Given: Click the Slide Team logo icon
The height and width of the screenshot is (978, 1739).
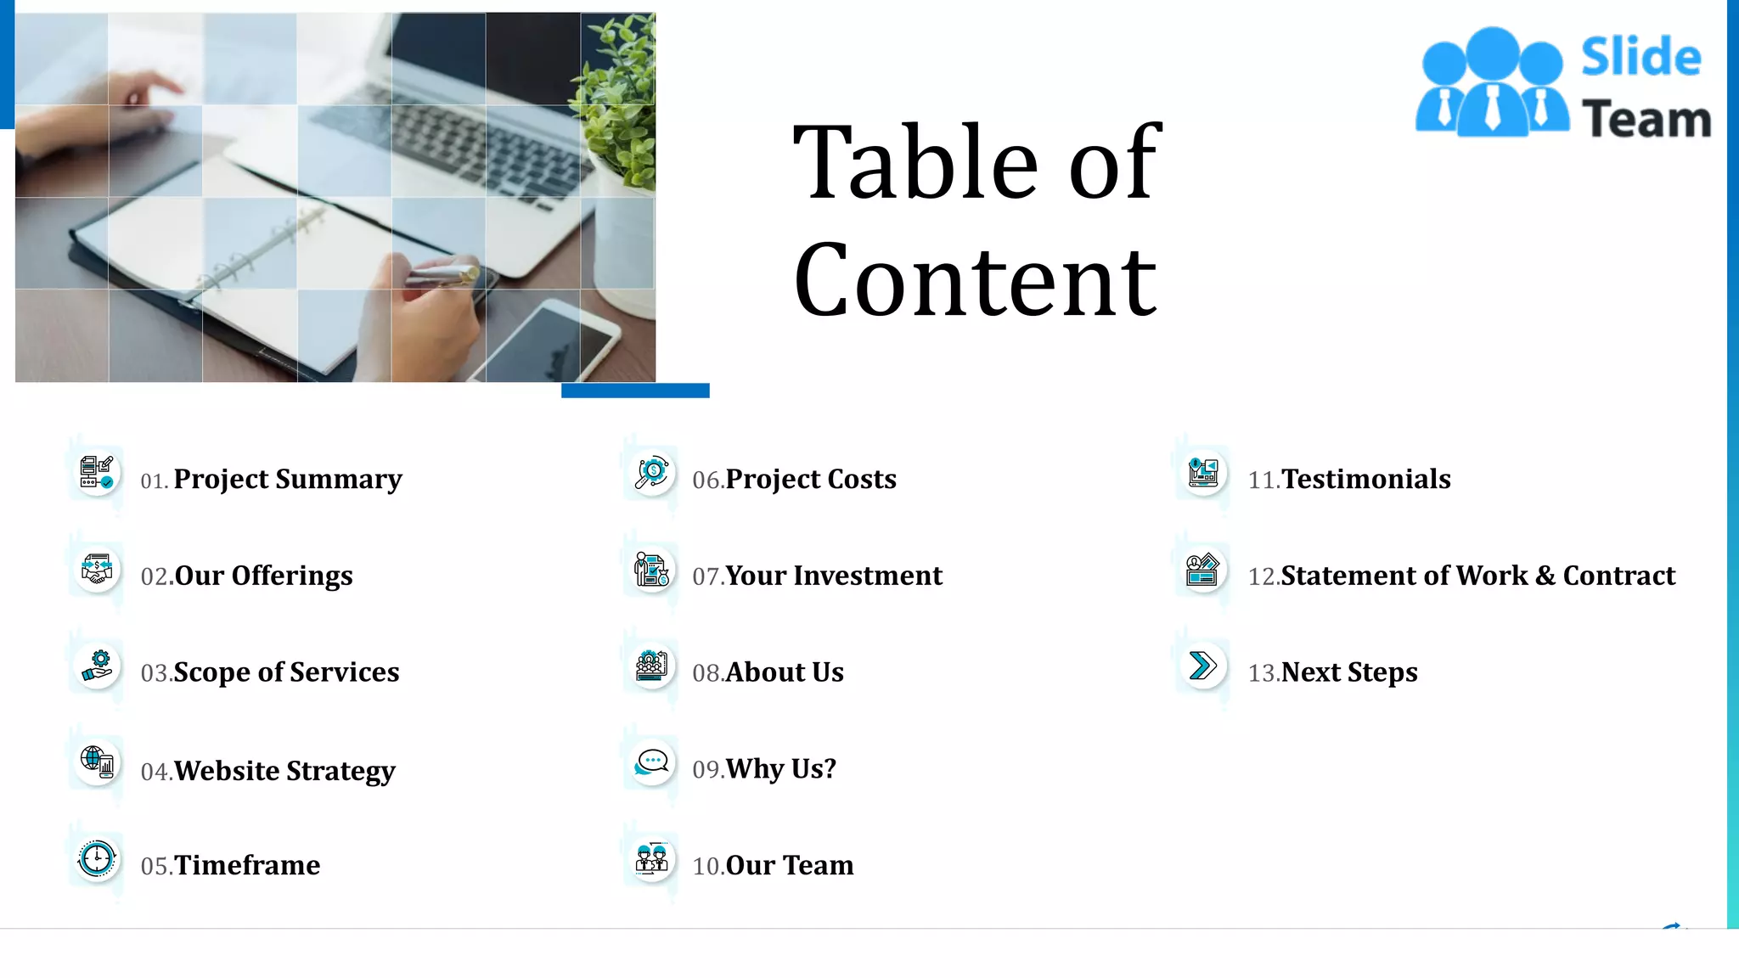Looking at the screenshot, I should coord(1491,83).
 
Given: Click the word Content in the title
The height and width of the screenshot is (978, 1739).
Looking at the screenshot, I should coord(975,279).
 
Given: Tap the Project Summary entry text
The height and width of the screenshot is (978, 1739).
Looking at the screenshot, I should coord(287,479).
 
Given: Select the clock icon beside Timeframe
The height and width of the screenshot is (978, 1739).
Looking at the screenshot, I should coord(97,858).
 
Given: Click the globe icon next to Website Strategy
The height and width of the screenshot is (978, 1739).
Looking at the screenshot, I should coord(97,762).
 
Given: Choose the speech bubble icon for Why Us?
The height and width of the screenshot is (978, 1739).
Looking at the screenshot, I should coord(652,762).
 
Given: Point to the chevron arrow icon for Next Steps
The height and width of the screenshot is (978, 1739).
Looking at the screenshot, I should coord(1202,666).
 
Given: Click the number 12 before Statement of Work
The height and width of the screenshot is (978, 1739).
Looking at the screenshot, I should coord(1263,576).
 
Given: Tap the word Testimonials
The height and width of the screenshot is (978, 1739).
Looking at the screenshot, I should coord(1365,479).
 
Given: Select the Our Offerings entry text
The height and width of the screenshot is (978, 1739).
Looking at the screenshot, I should coord(263,576).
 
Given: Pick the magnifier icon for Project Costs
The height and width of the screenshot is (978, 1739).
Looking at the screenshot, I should coord(652,473).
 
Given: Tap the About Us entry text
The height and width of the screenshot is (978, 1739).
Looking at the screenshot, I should coord(785,672).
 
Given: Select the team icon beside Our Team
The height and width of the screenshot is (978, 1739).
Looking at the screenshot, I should coord(652,858).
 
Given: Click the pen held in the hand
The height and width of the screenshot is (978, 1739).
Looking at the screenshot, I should coord(442,275).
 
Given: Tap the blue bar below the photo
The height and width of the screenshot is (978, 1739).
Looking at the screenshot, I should coord(635,391).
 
